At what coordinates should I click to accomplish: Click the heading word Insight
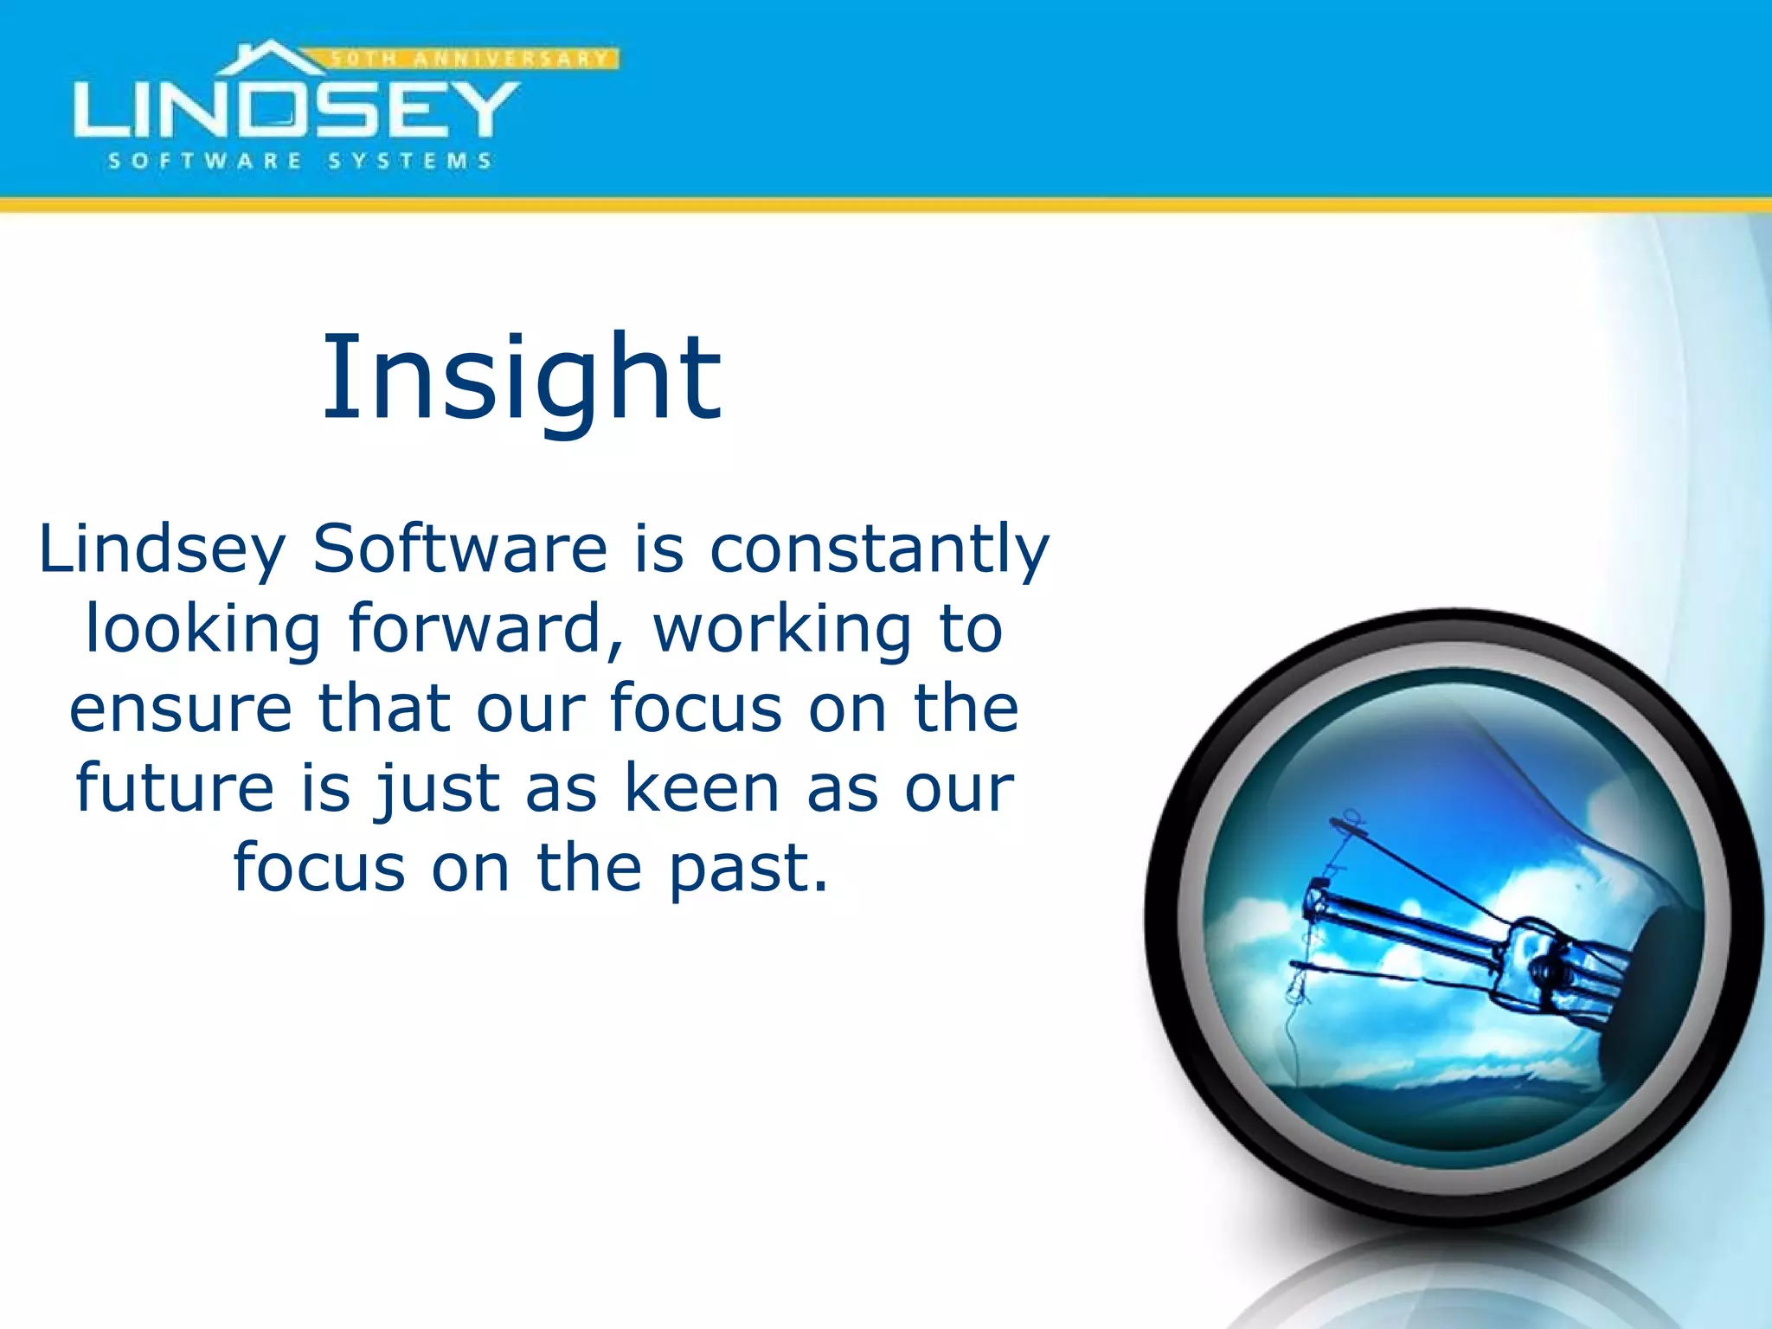[x=522, y=378]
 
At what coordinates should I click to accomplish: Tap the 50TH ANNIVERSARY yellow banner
[x=472, y=59]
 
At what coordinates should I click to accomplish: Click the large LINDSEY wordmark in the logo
[x=296, y=110]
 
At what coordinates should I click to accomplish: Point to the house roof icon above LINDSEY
[x=270, y=58]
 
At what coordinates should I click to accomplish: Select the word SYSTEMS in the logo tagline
[x=410, y=161]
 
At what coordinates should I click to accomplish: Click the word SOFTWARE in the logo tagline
[x=205, y=161]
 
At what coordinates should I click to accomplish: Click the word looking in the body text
[x=203, y=629]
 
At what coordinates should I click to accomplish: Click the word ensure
[x=181, y=709]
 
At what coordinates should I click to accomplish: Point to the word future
[x=175, y=787]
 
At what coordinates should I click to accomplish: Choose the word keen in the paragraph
[x=703, y=787]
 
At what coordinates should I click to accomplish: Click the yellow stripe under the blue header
[x=886, y=205]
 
